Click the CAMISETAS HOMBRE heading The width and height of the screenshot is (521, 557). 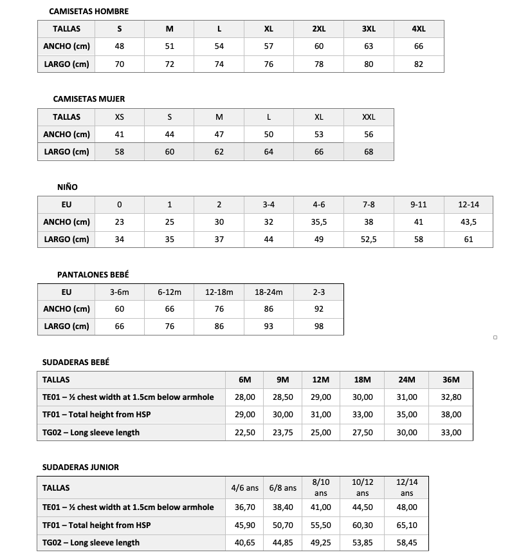pyautogui.click(x=89, y=12)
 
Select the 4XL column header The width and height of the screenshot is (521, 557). pyautogui.click(x=419, y=29)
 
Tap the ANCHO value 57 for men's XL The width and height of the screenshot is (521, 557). pyautogui.click(x=269, y=46)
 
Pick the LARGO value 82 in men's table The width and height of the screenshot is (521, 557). pyautogui.click(x=419, y=64)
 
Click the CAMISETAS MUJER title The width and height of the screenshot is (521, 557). pyautogui.click(x=89, y=99)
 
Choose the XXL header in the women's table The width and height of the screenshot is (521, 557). pyautogui.click(x=369, y=117)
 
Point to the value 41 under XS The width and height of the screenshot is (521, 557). pyautogui.click(x=120, y=135)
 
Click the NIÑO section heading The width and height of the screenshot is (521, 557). pyautogui.click(x=67, y=187)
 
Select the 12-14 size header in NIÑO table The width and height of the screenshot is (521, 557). pyautogui.click(x=468, y=205)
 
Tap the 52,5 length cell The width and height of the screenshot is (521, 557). pyautogui.click(x=369, y=240)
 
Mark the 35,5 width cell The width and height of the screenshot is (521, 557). pyautogui.click(x=319, y=222)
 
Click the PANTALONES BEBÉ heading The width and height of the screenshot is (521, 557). pyautogui.click(x=93, y=274)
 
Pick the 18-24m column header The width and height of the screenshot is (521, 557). pyautogui.click(x=269, y=292)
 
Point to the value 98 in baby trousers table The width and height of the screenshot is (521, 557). pyautogui.click(x=319, y=326)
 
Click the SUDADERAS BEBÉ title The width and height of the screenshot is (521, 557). pyautogui.click(x=76, y=362)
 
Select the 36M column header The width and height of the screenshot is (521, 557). pyautogui.click(x=451, y=380)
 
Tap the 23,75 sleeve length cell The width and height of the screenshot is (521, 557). pyautogui.click(x=283, y=433)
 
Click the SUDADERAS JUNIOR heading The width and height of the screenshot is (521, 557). pyautogui.click(x=80, y=467)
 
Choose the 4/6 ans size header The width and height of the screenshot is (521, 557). pyautogui.click(x=245, y=488)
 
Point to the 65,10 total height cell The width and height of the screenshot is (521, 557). pyautogui.click(x=407, y=525)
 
